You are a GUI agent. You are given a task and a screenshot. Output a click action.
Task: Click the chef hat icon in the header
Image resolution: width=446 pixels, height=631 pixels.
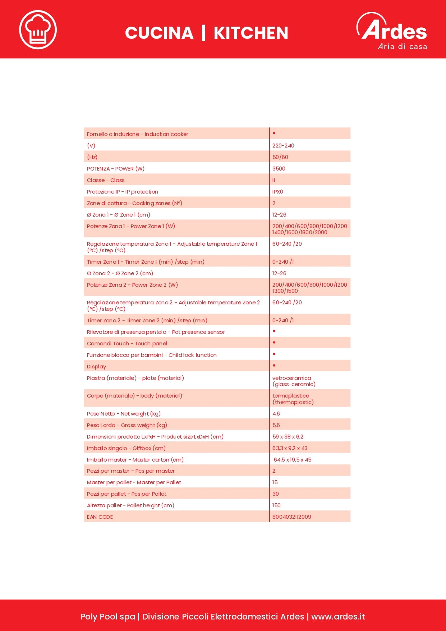pos(38,29)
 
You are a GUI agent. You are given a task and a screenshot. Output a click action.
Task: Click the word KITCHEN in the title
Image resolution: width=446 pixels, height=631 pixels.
pos(251,33)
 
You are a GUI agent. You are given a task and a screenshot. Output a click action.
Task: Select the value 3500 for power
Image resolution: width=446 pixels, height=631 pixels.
pos(279,169)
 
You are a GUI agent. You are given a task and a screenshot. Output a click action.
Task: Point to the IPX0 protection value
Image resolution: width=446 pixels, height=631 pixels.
pos(277,192)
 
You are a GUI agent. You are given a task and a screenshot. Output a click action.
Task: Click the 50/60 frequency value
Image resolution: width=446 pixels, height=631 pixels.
pos(280,157)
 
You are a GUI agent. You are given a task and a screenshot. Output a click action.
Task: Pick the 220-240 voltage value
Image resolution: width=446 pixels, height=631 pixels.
pos(283,146)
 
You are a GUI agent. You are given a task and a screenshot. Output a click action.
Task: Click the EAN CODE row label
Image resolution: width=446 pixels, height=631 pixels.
pos(100,517)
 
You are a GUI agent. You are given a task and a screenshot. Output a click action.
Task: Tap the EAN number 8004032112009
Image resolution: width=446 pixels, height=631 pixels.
pos(291,517)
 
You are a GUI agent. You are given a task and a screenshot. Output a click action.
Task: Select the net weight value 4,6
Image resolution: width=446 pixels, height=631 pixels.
pos(276,414)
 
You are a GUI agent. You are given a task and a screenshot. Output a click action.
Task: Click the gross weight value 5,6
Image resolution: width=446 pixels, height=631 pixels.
pos(276,425)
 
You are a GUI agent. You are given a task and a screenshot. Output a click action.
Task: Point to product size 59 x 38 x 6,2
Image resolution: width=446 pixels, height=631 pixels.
pos(288,437)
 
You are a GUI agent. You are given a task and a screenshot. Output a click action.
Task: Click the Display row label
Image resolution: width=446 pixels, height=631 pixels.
pos(96,367)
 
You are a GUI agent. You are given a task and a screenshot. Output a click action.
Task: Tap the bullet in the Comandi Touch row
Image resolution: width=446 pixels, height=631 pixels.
pos(274,342)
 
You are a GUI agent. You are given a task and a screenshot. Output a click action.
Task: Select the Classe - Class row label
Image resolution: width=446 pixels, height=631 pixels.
pos(106,180)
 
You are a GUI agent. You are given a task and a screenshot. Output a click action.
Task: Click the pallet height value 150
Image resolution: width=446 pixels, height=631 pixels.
pos(276,505)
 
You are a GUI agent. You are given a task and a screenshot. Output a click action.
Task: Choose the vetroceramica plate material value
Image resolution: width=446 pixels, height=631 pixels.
pos(292,378)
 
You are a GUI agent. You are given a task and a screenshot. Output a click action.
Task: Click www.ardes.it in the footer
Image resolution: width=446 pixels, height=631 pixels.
pos(338,617)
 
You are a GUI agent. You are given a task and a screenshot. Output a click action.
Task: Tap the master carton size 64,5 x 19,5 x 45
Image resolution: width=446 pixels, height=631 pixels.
pos(292,460)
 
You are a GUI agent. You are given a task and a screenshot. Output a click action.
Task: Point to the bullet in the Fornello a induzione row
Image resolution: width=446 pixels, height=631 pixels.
pos(274,133)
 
